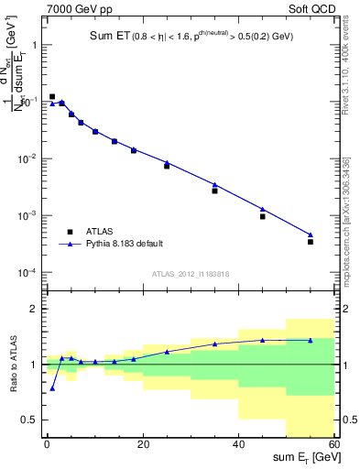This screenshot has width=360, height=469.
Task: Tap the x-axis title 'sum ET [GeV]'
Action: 306,458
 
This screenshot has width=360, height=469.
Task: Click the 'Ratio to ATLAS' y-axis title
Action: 12,365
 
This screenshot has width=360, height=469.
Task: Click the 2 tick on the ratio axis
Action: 37,309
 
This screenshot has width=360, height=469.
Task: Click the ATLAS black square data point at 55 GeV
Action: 311,242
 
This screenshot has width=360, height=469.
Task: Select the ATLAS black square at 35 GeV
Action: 215,191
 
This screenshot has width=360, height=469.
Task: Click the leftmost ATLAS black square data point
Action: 52,96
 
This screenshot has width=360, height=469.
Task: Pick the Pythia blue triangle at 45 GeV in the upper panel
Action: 263,210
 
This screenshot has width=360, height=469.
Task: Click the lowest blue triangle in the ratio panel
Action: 52,388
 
